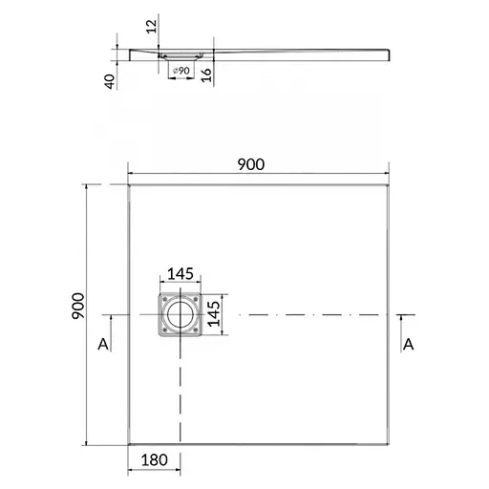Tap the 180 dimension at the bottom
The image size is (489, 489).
154,460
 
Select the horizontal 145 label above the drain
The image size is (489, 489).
181,274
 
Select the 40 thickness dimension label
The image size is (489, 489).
113,82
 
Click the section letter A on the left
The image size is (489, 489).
104,342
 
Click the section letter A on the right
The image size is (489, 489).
408,342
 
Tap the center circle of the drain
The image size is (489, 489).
180,314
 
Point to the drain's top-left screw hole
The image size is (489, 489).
163,298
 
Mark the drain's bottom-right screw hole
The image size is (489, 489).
196,331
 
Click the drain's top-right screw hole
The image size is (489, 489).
196,298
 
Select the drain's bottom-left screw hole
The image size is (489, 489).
163,331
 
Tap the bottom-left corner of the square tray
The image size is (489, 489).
128,444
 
